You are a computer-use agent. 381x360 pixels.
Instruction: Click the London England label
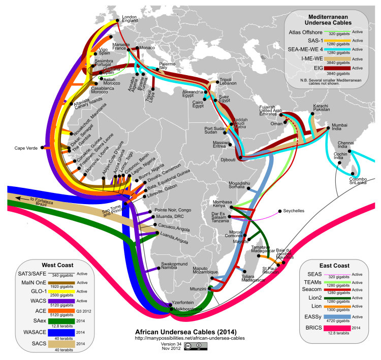pos(131,18)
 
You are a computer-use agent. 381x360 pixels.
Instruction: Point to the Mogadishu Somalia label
pos(241,185)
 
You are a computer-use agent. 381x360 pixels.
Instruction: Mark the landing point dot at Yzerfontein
pos(170,303)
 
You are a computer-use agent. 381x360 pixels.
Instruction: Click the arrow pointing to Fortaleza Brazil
pos(17,199)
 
